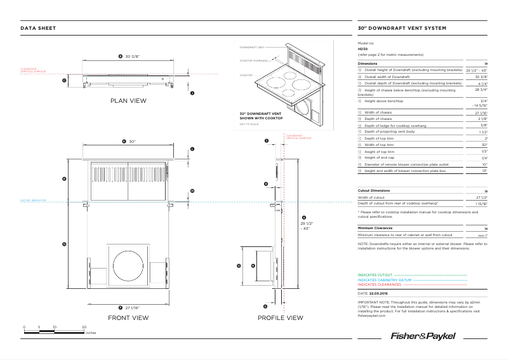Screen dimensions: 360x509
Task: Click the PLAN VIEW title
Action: coord(128,101)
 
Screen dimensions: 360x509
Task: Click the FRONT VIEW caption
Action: coord(128,317)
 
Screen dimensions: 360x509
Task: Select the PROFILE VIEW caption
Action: coord(281,317)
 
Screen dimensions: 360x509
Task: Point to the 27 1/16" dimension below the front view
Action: coord(132,307)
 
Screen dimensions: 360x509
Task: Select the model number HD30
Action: coord(362,49)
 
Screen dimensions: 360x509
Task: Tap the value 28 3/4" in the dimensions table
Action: coord(480,90)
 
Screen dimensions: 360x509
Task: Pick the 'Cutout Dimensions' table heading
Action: coord(374,190)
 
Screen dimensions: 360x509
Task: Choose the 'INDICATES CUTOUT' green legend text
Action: coord(375,275)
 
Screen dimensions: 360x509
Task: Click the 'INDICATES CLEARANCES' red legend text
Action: coord(380,284)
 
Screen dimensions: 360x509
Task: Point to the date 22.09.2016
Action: coord(378,293)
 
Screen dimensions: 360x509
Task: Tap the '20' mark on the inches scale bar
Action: coord(84,327)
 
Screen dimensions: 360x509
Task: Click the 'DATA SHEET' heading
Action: coord(38,29)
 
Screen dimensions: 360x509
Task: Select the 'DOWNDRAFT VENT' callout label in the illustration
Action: coord(252,48)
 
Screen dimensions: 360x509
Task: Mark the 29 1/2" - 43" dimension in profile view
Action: coord(307,226)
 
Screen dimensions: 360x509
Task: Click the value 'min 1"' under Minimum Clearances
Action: coord(482,235)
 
